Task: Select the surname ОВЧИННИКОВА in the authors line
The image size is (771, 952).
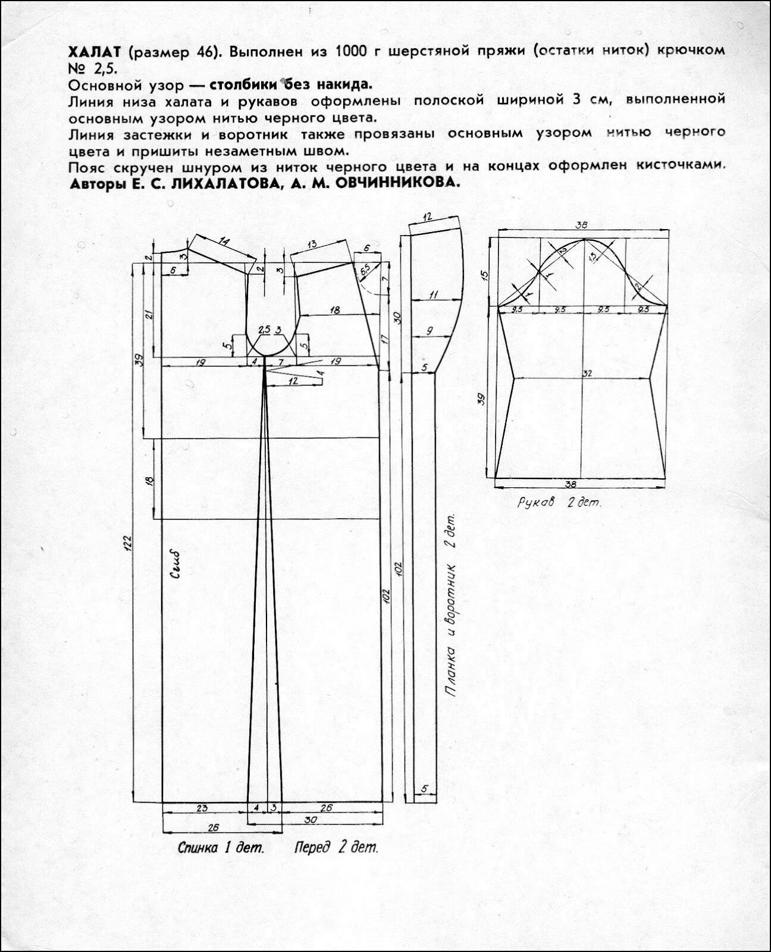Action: (397, 183)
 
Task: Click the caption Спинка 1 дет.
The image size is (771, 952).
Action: (220, 847)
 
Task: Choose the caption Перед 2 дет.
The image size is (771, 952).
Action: (336, 847)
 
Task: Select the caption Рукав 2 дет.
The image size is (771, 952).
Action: (559, 502)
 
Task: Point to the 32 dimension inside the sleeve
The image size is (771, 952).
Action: (587, 373)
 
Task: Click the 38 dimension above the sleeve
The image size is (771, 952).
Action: (582, 225)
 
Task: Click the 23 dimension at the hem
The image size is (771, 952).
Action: (202, 808)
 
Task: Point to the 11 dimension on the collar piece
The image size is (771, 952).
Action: (433, 295)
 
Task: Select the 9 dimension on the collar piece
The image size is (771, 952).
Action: (430, 331)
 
